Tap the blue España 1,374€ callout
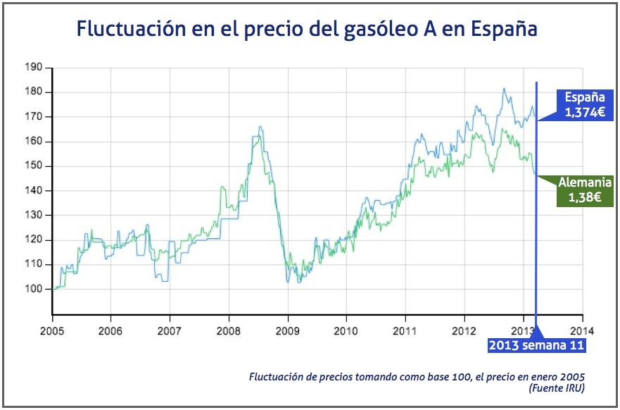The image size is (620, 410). coord(580,104)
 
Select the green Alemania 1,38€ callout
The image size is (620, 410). coord(579,190)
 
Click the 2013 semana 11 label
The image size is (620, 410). coord(537,345)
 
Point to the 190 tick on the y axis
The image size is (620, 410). coord(34,68)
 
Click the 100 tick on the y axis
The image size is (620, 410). coord(34,289)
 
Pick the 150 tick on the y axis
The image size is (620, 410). coord(34,166)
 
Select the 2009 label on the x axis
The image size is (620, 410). coord(287,330)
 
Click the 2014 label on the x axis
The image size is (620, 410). coord(582,330)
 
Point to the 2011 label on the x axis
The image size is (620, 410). coord(405,330)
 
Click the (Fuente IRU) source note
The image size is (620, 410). coord(556,387)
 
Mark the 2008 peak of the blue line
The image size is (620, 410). coord(260,127)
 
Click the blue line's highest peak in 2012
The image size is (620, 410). coord(504,89)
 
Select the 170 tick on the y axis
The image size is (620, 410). coord(34,117)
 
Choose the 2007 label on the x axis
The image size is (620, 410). coord(170,330)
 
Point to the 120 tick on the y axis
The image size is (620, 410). coord(34,240)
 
